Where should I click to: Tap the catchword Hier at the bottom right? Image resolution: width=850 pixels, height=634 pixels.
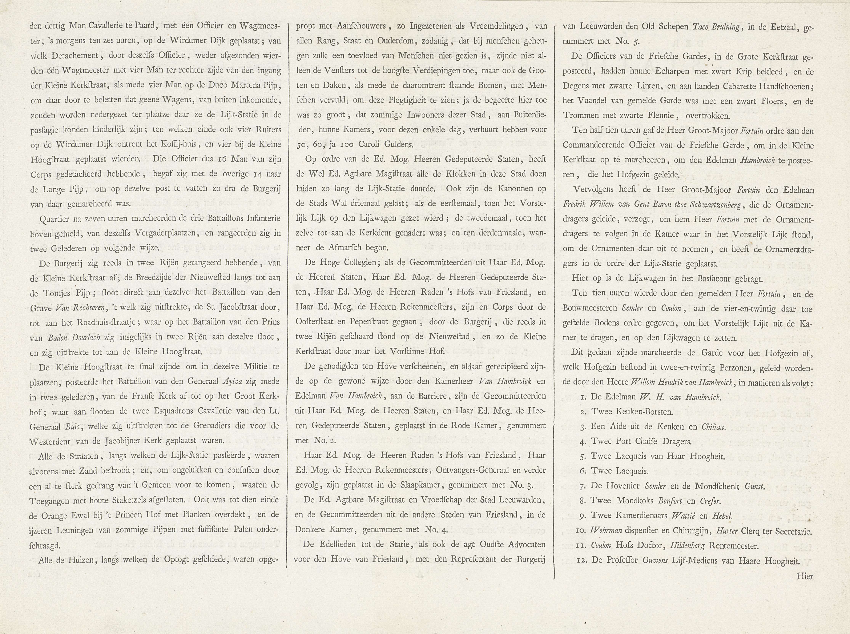pyautogui.click(x=805, y=576)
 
